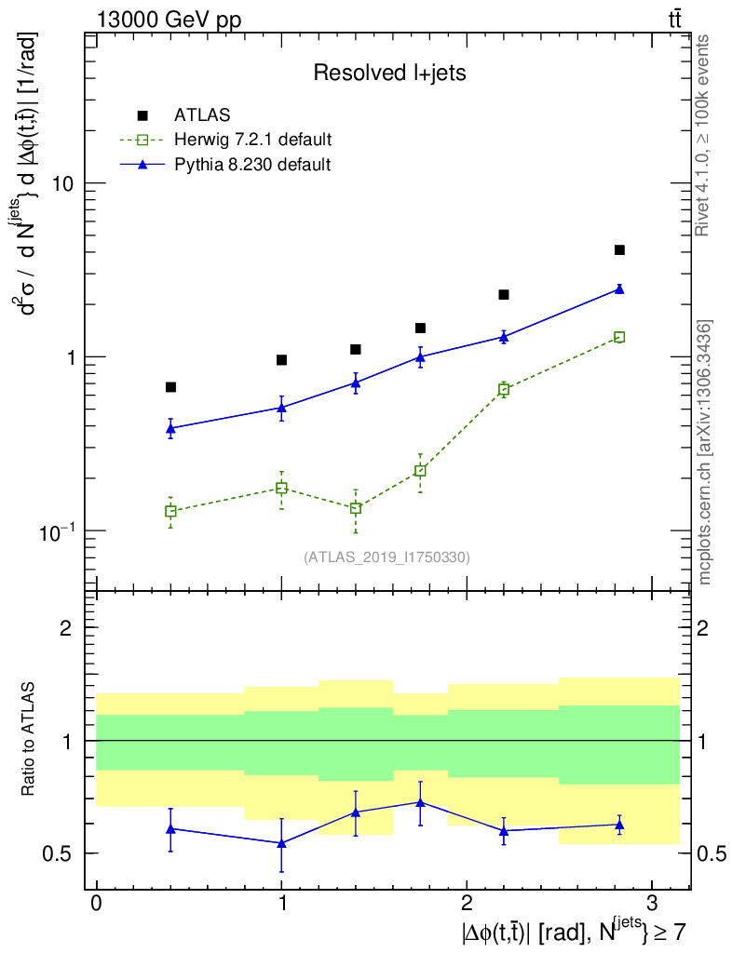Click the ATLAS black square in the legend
coord(142,115)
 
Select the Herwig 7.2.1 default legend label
coord(253,141)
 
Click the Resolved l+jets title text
coord(389,74)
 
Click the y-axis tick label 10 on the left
coord(61,183)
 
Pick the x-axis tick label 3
coord(650,904)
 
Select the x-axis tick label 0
coord(97,904)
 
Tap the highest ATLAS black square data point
coord(619,249)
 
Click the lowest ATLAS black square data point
coord(170,387)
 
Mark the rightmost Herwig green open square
coord(619,337)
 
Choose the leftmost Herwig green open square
coord(170,511)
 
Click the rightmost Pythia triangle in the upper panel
coord(619,289)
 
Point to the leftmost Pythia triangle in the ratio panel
coord(170,828)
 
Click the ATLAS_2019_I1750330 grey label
coord(386,557)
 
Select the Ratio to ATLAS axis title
coord(29,740)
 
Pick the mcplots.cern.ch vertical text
coord(705,452)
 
